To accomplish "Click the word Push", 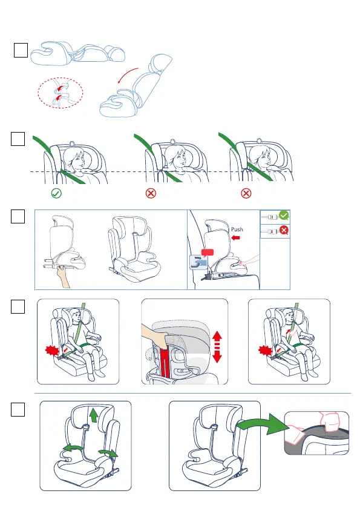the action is pos(237,229).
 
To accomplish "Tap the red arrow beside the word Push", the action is pos(236,238).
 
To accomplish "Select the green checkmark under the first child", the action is pos(56,193).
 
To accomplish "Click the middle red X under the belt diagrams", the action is pos(151,193).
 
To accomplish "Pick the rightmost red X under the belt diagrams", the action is pos(246,193).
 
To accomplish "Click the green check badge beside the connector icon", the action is pos(284,215).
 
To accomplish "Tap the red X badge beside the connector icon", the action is pos(284,230).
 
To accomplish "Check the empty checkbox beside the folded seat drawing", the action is pos(21,50).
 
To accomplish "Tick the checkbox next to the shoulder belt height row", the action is pos(18,139).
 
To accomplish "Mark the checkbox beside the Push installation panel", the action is pos(18,216).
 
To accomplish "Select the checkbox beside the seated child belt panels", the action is pos(18,307).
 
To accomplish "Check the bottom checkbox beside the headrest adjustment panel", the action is pos(18,410).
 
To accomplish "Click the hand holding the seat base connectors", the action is pos(63,276).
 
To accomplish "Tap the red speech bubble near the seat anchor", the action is pos(208,252).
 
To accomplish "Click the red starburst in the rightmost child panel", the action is pos(265,351).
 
